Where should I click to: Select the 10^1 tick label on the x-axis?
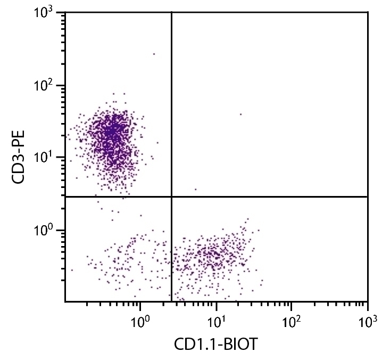click(215, 322)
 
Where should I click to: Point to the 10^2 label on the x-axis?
click(291, 322)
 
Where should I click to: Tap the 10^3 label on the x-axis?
click(367, 322)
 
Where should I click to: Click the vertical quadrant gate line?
click(171, 107)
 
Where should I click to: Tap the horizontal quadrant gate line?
click(266, 197)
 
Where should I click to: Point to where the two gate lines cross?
click(171, 197)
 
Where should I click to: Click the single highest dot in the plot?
click(154, 54)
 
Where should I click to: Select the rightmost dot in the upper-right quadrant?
click(240, 114)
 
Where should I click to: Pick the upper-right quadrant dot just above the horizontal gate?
click(196, 189)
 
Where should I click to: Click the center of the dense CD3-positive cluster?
click(112, 133)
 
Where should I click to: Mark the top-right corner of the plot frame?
click(368, 12)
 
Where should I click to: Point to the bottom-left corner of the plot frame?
click(65, 301)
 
